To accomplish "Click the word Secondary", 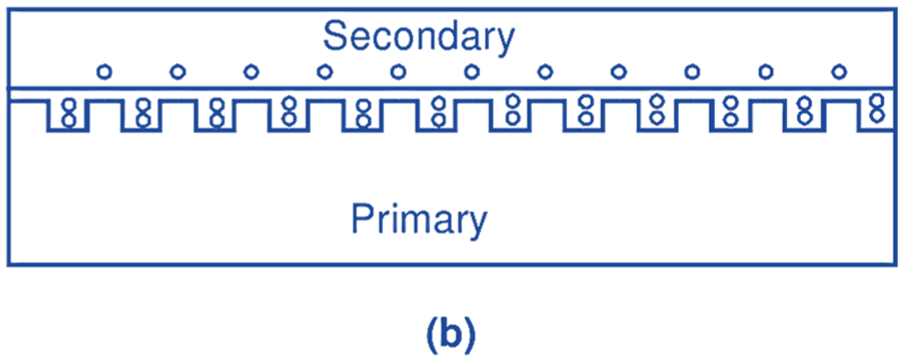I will tap(419, 37).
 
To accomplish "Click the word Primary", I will tap(419, 218).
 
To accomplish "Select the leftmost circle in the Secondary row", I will tap(105, 72).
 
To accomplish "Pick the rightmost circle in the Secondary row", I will tap(839, 72).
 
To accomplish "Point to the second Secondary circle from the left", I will tap(178, 72).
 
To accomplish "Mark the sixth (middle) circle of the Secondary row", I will tap(471, 72).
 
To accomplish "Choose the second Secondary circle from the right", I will tap(766, 72).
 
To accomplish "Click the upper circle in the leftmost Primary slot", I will tap(69, 105).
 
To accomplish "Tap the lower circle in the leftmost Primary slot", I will tap(69, 119).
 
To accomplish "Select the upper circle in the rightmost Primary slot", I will tap(877, 102).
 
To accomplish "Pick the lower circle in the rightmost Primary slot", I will tap(877, 115).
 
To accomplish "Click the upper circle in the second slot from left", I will tap(142, 105).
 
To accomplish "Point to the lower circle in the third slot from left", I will tap(216, 119).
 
